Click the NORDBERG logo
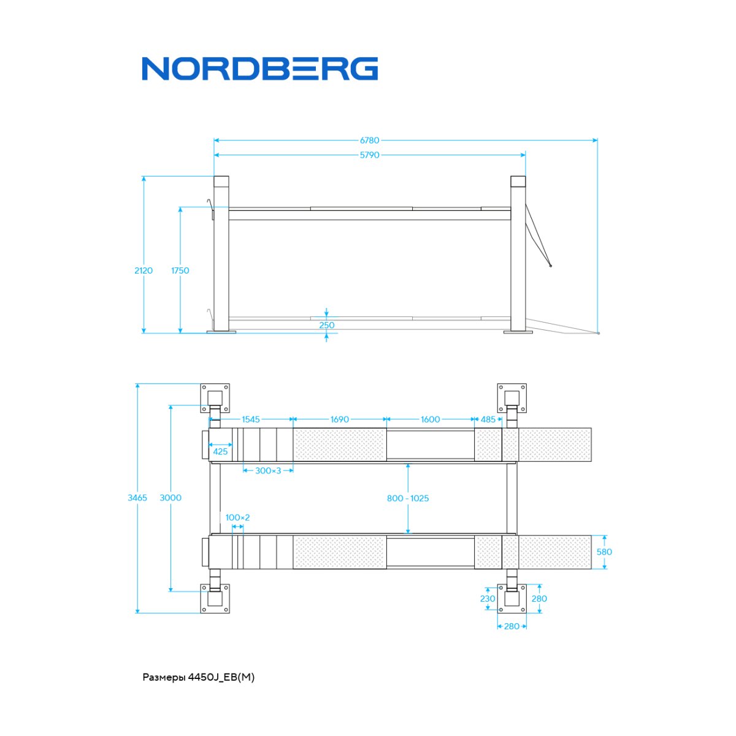(259, 69)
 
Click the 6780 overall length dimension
(369, 140)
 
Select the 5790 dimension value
(369, 155)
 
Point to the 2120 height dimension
(144, 270)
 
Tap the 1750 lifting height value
(180, 270)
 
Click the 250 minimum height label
(326, 325)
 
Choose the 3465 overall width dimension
(137, 497)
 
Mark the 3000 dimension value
(171, 497)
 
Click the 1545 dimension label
(251, 420)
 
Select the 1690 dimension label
(340, 420)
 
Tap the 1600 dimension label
(431, 420)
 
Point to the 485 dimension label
(488, 420)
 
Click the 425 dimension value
(220, 451)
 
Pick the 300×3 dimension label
(268, 470)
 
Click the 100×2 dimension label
(237, 518)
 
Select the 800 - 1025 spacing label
(408, 498)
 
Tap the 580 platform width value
(604, 552)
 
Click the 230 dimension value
(488, 599)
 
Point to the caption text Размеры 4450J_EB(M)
(199, 678)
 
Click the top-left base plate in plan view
(215, 398)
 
